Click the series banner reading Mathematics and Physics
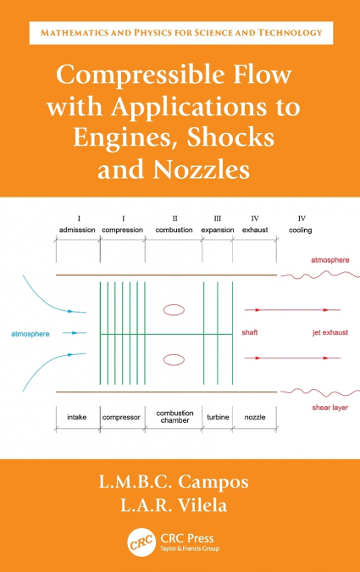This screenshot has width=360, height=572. click(x=180, y=32)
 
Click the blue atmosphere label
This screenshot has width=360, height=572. click(x=30, y=334)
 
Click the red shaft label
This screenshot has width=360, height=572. click(x=251, y=331)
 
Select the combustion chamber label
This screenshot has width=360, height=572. click(x=174, y=417)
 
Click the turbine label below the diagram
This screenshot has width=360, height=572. click(x=218, y=417)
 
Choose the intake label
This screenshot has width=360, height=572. click(x=78, y=417)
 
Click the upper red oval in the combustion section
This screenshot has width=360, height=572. click(x=174, y=310)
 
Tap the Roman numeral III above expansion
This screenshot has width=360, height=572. click(x=217, y=218)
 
